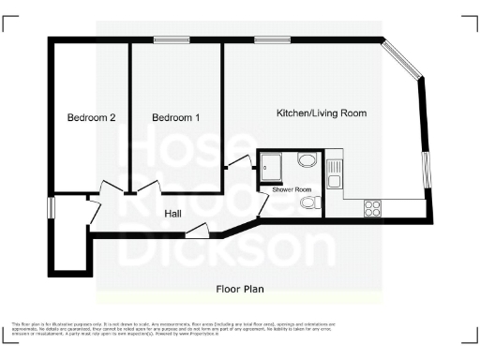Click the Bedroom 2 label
click(x=91, y=118)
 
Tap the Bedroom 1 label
click(x=176, y=118)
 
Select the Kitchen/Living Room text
click(x=321, y=112)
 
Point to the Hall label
click(x=172, y=214)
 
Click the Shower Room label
click(x=292, y=189)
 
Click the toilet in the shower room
click(x=313, y=202)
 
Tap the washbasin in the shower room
click(x=307, y=159)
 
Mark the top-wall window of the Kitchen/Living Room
click(x=269, y=39)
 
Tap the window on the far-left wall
click(x=51, y=207)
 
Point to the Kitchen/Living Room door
click(x=235, y=162)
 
